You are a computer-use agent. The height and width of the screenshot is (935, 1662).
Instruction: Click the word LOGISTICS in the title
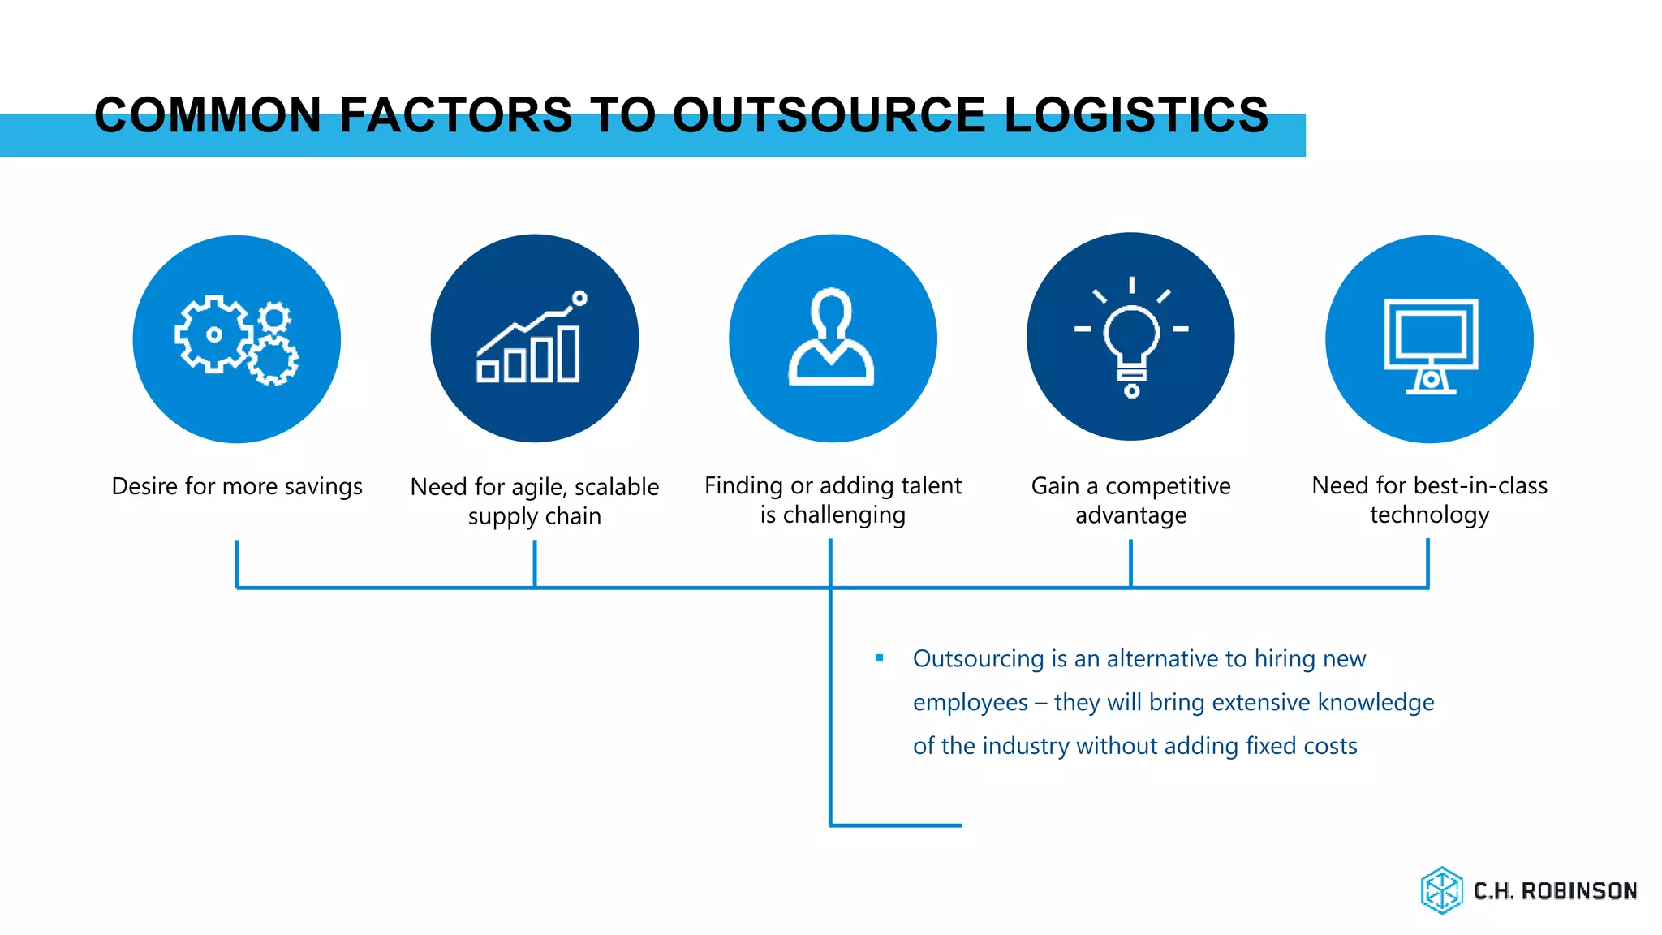point(1136,114)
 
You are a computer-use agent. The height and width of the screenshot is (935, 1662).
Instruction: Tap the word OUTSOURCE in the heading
point(829,114)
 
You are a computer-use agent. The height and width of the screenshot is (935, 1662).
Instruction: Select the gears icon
point(236,339)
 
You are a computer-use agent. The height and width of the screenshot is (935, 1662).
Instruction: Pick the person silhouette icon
point(832,338)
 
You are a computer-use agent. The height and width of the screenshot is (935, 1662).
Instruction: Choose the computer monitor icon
point(1430,344)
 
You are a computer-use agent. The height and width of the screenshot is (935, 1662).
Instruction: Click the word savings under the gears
point(323,486)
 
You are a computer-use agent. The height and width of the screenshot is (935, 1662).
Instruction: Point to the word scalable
point(617,487)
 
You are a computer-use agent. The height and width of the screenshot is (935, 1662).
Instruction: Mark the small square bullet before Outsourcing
point(879,658)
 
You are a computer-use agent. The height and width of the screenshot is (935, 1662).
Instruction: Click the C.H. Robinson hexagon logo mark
point(1441,890)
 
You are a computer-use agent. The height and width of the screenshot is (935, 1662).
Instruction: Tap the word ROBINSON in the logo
point(1578,891)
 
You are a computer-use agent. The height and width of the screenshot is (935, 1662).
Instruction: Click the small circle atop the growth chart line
point(579,299)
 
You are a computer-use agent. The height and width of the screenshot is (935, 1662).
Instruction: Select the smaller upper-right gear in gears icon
point(274,317)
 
